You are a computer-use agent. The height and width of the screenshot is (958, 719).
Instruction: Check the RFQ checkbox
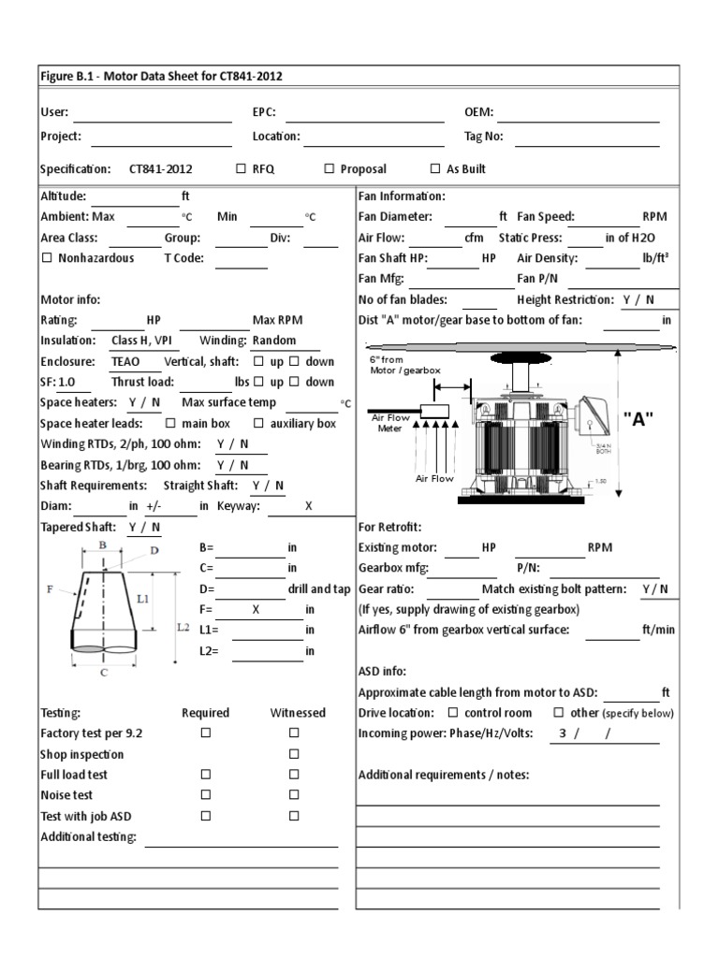[x=242, y=169]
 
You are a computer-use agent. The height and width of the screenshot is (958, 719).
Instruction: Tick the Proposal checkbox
[x=330, y=169]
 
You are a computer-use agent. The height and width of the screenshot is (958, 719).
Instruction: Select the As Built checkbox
[x=435, y=169]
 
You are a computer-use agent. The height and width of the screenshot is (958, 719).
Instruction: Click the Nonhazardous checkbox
[x=47, y=258]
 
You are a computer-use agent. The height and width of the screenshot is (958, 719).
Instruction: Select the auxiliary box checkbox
[x=259, y=423]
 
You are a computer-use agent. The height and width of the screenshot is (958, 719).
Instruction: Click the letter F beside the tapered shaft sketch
[x=49, y=589]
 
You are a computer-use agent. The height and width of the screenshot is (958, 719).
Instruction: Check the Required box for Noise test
[x=205, y=795]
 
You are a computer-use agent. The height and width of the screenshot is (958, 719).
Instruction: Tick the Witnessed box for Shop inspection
[x=293, y=754]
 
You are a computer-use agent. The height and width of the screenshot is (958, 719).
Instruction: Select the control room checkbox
[x=454, y=713]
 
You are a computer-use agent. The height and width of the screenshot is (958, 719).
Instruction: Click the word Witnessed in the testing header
[x=298, y=713]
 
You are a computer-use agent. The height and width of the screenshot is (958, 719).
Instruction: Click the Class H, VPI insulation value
[x=139, y=341]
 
